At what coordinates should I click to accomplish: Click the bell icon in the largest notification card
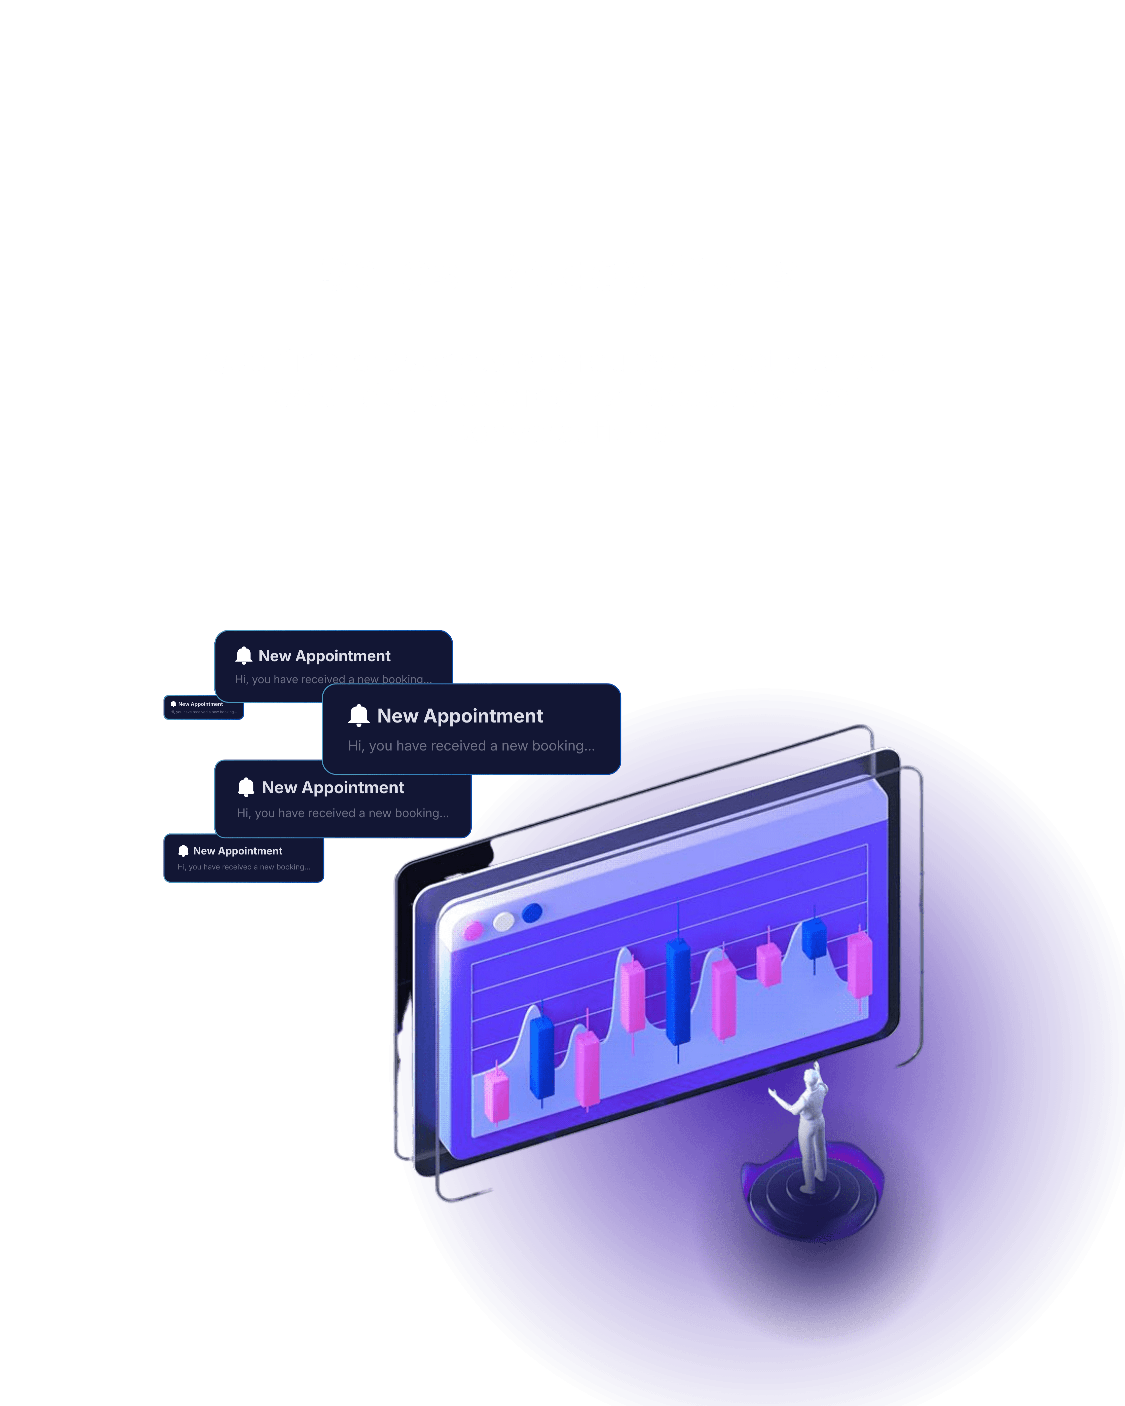(359, 715)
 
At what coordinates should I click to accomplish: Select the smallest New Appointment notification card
(203, 707)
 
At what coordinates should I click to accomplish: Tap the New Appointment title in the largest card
(460, 716)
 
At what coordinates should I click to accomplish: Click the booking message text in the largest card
(471, 746)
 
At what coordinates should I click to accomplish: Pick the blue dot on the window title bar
(532, 912)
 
